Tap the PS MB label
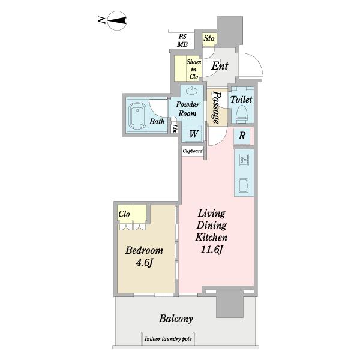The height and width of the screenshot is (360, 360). pyautogui.click(x=182, y=40)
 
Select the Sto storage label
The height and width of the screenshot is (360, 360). pyautogui.click(x=209, y=38)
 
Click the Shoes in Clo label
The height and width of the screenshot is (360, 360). pyautogui.click(x=194, y=69)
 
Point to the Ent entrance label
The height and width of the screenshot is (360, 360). pyautogui.click(x=220, y=66)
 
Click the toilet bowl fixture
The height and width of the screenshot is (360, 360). pyautogui.click(x=242, y=114)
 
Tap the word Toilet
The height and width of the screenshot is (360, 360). pyautogui.click(x=241, y=100)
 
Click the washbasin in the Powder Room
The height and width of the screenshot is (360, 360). pyautogui.click(x=192, y=91)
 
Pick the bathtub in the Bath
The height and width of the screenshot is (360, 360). pyautogui.click(x=137, y=115)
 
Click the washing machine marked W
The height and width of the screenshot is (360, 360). pyautogui.click(x=193, y=133)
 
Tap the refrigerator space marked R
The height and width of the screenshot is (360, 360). pyautogui.click(x=242, y=136)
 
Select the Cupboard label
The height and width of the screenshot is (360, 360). pyautogui.click(x=193, y=151)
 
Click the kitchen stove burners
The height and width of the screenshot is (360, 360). pyautogui.click(x=244, y=160)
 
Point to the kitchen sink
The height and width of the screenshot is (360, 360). pyautogui.click(x=244, y=185)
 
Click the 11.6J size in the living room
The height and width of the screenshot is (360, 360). pyautogui.click(x=211, y=250)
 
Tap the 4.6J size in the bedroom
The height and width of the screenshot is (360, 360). pyautogui.click(x=144, y=262)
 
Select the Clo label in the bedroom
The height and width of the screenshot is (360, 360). pyautogui.click(x=124, y=214)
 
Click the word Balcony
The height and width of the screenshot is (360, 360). pyautogui.click(x=176, y=319)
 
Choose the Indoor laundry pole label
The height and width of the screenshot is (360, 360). pyautogui.click(x=168, y=339)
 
